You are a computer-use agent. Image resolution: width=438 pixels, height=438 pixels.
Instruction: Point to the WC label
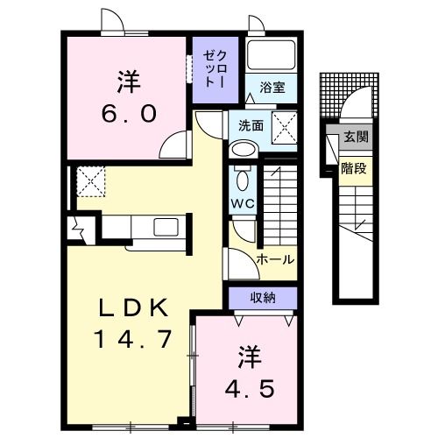[243, 204]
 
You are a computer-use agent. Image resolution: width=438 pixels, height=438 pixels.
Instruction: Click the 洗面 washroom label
[251, 125]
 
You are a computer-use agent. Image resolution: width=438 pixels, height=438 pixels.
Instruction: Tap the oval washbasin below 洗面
[243, 150]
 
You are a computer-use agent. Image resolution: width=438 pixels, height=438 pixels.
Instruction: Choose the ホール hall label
[275, 259]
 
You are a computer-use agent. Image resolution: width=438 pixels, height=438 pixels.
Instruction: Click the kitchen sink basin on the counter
[167, 228]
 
